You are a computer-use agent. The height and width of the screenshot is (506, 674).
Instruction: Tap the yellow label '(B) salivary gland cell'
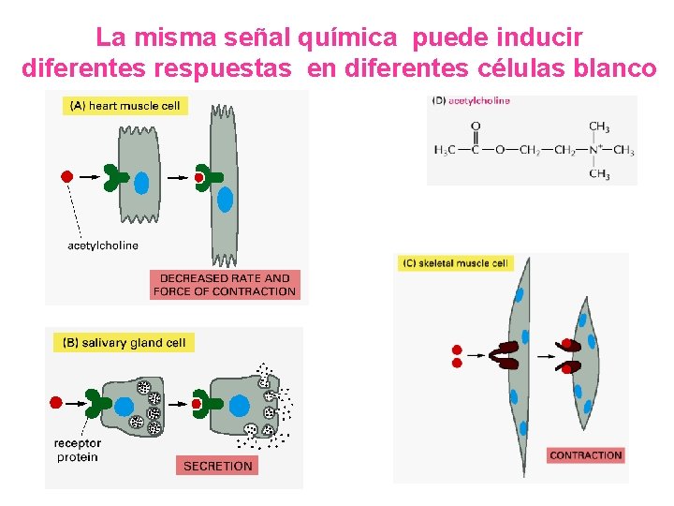124,343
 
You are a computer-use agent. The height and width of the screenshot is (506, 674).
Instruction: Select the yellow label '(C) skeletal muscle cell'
456,263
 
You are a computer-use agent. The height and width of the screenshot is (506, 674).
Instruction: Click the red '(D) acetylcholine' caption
471,101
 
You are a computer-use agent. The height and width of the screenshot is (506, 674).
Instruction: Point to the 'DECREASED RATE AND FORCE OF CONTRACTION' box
225,285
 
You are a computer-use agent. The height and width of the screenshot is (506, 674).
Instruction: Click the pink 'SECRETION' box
217,466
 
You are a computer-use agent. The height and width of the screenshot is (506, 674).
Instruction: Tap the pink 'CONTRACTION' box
586,455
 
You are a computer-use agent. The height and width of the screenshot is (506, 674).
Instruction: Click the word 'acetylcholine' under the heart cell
103,246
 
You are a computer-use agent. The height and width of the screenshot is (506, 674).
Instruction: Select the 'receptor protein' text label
76,450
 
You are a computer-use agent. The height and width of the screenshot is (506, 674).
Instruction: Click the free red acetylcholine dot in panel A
66,176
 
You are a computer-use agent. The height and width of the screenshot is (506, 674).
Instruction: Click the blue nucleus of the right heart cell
225,200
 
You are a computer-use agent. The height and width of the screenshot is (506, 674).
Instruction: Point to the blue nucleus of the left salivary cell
124,406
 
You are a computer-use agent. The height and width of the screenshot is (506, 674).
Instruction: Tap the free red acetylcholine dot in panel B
55,402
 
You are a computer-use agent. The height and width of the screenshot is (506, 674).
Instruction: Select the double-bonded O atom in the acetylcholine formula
476,126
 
